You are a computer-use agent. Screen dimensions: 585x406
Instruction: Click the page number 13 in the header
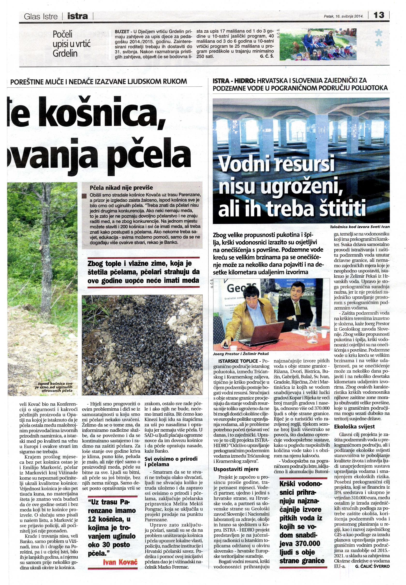(379, 15)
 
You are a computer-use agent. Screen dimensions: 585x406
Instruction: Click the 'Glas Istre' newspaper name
(41, 16)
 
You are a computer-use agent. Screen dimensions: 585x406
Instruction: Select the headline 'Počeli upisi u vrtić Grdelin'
(72, 44)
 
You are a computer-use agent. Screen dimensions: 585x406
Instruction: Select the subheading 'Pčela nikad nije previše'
(121, 188)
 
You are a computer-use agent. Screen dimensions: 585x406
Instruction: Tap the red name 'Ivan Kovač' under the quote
(120, 562)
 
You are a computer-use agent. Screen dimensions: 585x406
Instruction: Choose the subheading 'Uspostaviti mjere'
(236, 469)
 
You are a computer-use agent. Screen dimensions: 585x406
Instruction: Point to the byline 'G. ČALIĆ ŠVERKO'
(372, 566)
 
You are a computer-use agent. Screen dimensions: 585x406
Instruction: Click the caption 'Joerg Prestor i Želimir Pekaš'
(241, 354)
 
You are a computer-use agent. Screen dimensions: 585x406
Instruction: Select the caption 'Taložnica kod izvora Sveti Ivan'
(360, 227)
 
